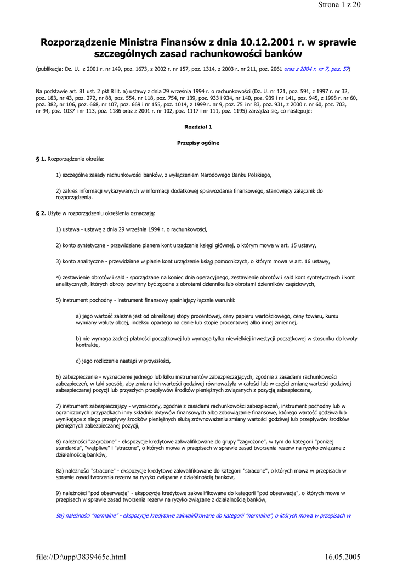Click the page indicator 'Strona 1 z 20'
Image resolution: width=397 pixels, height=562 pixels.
click(339, 5)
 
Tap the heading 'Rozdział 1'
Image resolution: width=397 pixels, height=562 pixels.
click(198, 127)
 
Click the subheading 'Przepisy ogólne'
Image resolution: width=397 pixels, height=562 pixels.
click(198, 143)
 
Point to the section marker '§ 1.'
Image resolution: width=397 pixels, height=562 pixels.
click(41, 159)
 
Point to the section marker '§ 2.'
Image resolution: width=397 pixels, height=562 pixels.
click(41, 212)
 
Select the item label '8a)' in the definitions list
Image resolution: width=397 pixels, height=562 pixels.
click(60, 470)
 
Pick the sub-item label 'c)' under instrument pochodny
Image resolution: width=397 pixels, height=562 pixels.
click(78, 361)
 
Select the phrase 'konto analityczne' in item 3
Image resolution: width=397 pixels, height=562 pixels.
click(83, 261)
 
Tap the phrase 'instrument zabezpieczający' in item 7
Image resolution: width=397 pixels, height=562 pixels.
click(94, 406)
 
